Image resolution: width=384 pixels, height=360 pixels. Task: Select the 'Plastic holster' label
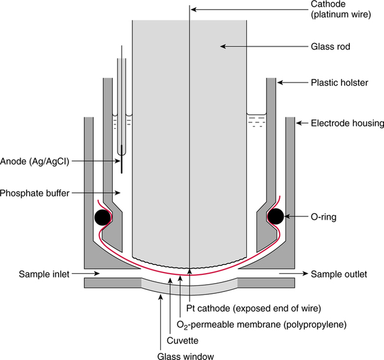[339, 83]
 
